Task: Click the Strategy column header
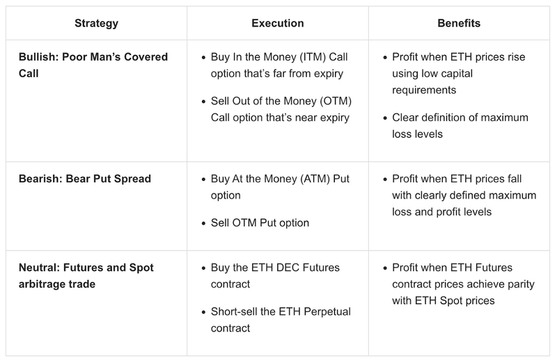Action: (96, 23)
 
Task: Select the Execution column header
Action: (278, 23)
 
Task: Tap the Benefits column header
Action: (459, 23)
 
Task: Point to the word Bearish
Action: (39, 179)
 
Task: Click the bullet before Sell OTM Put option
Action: (203, 223)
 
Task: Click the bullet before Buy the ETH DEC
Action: (203, 268)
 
